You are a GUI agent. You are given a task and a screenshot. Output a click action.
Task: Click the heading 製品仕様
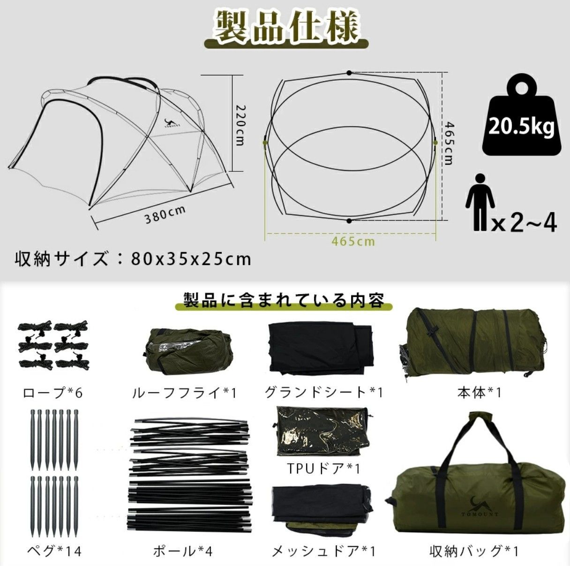point(286,27)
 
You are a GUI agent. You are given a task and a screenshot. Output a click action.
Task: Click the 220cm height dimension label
point(240,124)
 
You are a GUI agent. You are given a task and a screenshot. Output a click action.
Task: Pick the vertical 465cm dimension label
point(449,143)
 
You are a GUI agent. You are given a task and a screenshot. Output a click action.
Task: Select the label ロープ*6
point(53,393)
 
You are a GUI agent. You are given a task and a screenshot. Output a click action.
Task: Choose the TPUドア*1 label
point(323,468)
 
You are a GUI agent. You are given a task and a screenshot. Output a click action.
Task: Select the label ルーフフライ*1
point(184,393)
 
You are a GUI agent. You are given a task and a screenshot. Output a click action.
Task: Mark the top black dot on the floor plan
point(349,73)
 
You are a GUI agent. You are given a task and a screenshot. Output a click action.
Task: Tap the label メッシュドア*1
point(324,551)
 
